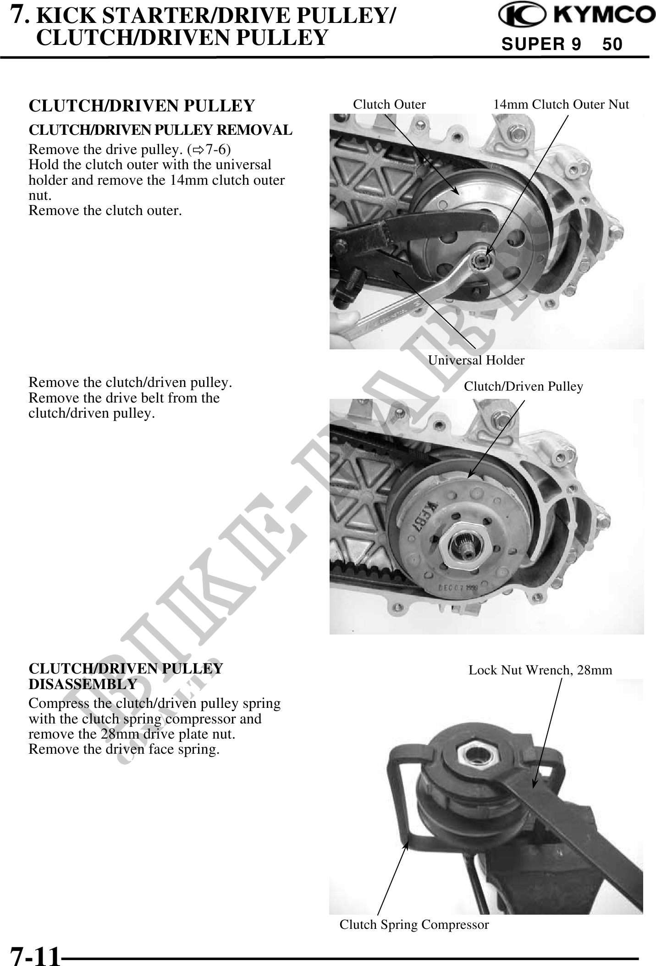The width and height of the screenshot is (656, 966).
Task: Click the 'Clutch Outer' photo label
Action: tap(389, 105)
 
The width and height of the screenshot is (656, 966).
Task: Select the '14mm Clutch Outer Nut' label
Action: tap(561, 105)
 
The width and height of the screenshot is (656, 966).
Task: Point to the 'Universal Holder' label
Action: tap(476, 360)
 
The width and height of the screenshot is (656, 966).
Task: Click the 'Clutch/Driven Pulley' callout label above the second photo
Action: tap(524, 386)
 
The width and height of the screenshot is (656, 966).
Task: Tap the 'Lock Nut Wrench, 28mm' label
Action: tap(540, 670)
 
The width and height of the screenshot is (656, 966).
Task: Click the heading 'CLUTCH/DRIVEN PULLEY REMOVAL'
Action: tap(160, 130)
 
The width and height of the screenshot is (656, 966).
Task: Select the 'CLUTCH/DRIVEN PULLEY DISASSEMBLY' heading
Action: tap(126, 676)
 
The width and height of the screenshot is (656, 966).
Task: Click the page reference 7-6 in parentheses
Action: tap(218, 149)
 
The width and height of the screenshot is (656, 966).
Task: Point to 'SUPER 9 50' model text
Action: tap(562, 44)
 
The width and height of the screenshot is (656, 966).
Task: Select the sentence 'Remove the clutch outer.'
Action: tap(105, 210)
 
